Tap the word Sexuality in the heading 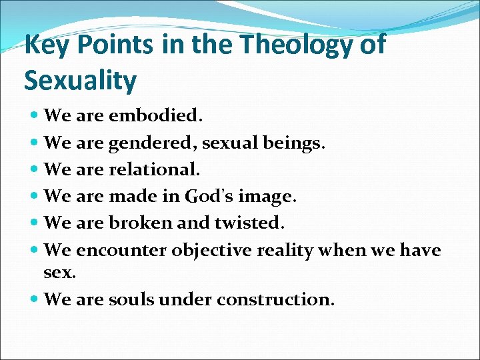tap(80, 80)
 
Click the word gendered tap(154, 143)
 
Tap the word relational tap(153, 169)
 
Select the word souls tap(131, 299)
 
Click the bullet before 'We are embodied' tap(34, 116)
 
